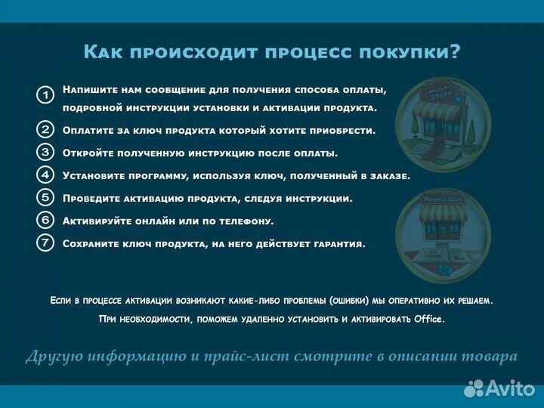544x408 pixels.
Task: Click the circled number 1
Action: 45,95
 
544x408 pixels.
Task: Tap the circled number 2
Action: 45,129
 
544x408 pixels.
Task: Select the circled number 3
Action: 45,152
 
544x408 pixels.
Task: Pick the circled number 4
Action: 45,175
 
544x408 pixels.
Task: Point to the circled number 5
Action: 45,197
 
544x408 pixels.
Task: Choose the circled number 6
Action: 45,220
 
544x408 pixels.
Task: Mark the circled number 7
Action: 45,243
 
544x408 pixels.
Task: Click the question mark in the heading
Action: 454,51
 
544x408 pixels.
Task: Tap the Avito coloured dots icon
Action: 474,388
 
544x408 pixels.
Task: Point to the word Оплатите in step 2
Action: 89,130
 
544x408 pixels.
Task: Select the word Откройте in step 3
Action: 88,153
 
